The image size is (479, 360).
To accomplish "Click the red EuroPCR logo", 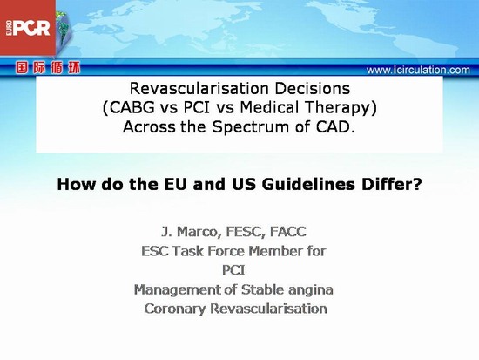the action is [x=28, y=28].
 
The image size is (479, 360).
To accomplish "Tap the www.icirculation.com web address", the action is [x=418, y=70].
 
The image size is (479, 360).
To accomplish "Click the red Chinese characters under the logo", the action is [x=48, y=68].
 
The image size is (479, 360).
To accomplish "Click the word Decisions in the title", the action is [x=312, y=89].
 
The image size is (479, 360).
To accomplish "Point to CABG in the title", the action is [x=132, y=108].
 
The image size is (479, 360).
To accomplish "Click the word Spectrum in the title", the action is [x=251, y=127].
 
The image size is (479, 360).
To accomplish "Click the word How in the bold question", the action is [x=77, y=184].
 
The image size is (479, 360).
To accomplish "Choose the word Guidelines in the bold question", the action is [x=308, y=184].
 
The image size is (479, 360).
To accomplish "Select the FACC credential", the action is [x=288, y=232].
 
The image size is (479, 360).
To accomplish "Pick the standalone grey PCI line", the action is [x=233, y=270].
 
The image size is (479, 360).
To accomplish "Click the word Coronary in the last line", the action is [x=175, y=309].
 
